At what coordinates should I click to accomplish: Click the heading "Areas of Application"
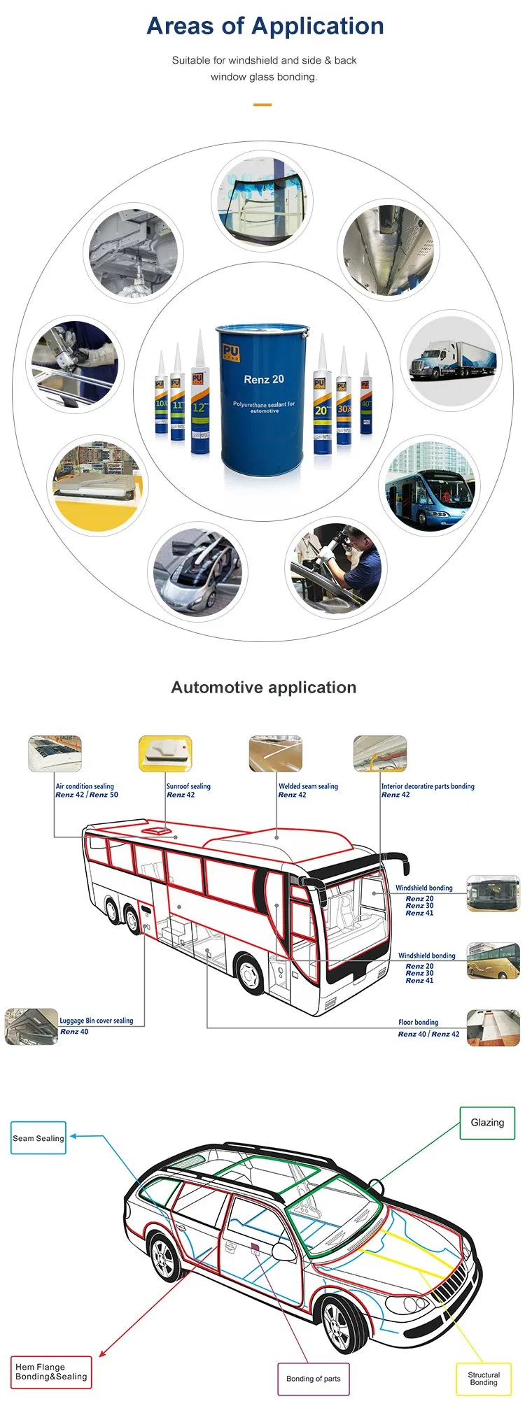(x=265, y=27)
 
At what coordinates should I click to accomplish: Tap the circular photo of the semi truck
(x=452, y=360)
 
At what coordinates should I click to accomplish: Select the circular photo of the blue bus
(x=430, y=486)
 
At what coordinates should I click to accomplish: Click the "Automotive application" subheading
(x=263, y=688)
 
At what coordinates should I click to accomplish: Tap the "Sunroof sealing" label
(x=188, y=786)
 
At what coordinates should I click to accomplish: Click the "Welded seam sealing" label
(x=308, y=786)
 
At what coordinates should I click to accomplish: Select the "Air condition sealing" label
(x=85, y=786)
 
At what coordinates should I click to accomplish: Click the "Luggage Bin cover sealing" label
(x=96, y=1021)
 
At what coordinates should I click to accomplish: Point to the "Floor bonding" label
(x=419, y=1022)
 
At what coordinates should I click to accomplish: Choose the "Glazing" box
(x=487, y=1123)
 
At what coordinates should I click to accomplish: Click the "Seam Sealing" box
(x=38, y=1138)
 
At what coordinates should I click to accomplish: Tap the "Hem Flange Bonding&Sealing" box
(x=51, y=1372)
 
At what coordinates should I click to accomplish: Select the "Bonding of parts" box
(x=313, y=1379)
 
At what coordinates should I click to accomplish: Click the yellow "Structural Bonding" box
(x=484, y=1379)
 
